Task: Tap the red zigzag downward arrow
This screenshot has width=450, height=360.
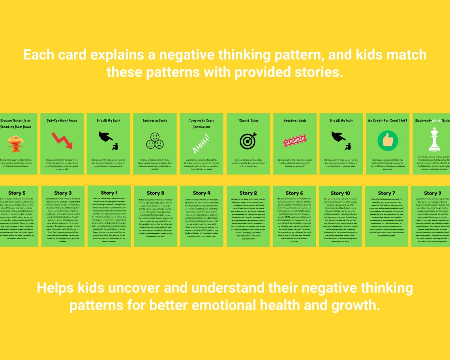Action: click(x=62, y=141)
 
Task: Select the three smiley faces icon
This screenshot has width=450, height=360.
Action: click(x=155, y=141)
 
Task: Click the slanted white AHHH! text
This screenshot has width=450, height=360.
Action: click(x=201, y=144)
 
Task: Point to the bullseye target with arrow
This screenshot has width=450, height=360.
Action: click(x=248, y=141)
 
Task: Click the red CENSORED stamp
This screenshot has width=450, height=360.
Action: click(x=295, y=140)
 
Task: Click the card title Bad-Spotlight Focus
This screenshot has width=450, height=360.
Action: click(x=62, y=121)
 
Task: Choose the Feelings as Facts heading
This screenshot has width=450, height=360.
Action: click(x=155, y=121)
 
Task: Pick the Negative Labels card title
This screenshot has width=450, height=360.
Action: click(x=295, y=121)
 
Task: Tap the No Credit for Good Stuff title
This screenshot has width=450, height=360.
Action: click(x=388, y=121)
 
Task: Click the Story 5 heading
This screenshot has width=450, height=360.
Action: click(x=17, y=193)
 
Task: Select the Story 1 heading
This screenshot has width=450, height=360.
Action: click(x=109, y=193)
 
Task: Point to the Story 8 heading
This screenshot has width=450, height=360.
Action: click(x=155, y=193)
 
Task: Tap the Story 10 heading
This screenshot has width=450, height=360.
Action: click(x=340, y=193)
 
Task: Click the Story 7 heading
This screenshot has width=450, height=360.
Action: click(x=386, y=193)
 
